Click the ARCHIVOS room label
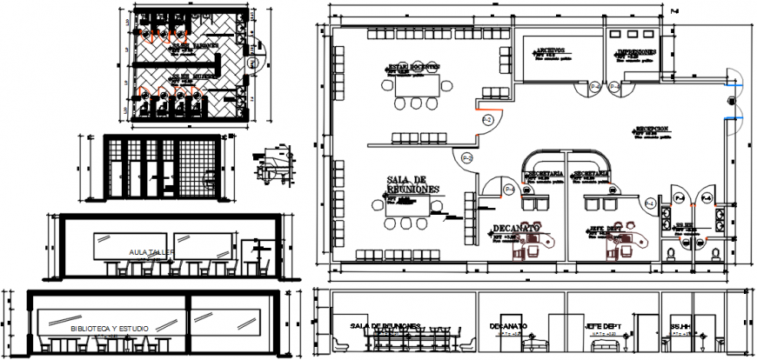pyautogui.click(x=551, y=50)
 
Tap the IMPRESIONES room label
pyautogui.click(x=636, y=52)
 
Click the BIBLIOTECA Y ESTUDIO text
pyautogui.click(x=110, y=328)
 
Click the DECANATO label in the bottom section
pyautogui.click(x=507, y=327)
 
